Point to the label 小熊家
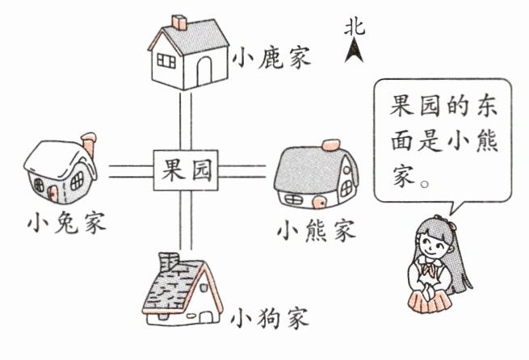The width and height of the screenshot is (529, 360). (x=315, y=231)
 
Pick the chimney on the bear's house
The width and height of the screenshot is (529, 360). (x=330, y=144)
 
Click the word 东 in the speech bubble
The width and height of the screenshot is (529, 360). (x=481, y=105)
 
